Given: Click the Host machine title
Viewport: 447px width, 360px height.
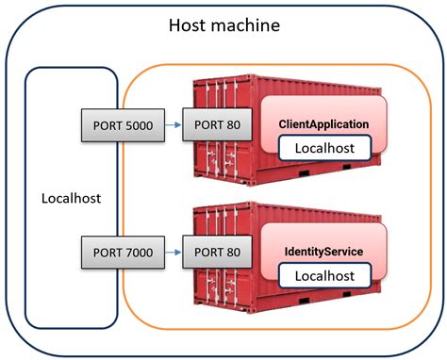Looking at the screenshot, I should [x=223, y=25].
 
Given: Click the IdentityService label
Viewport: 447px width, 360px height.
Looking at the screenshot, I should [x=323, y=252].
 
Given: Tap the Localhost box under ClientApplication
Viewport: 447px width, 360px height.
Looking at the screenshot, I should [x=323, y=148].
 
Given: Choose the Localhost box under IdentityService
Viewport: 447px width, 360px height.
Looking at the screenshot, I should [x=323, y=276].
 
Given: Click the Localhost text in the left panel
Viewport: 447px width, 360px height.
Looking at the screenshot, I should [x=71, y=199].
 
